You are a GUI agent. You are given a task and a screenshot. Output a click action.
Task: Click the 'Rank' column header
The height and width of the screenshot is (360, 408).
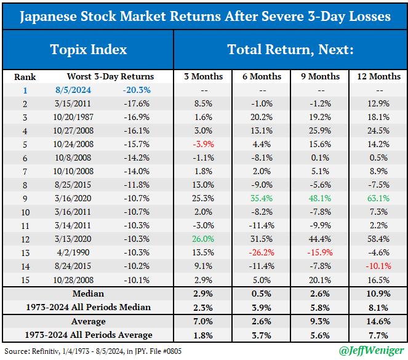[x=25, y=77]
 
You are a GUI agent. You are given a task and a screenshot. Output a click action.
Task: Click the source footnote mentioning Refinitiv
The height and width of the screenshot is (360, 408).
[x=92, y=351]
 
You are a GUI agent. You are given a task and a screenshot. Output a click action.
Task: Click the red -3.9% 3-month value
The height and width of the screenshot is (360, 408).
[x=203, y=144]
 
